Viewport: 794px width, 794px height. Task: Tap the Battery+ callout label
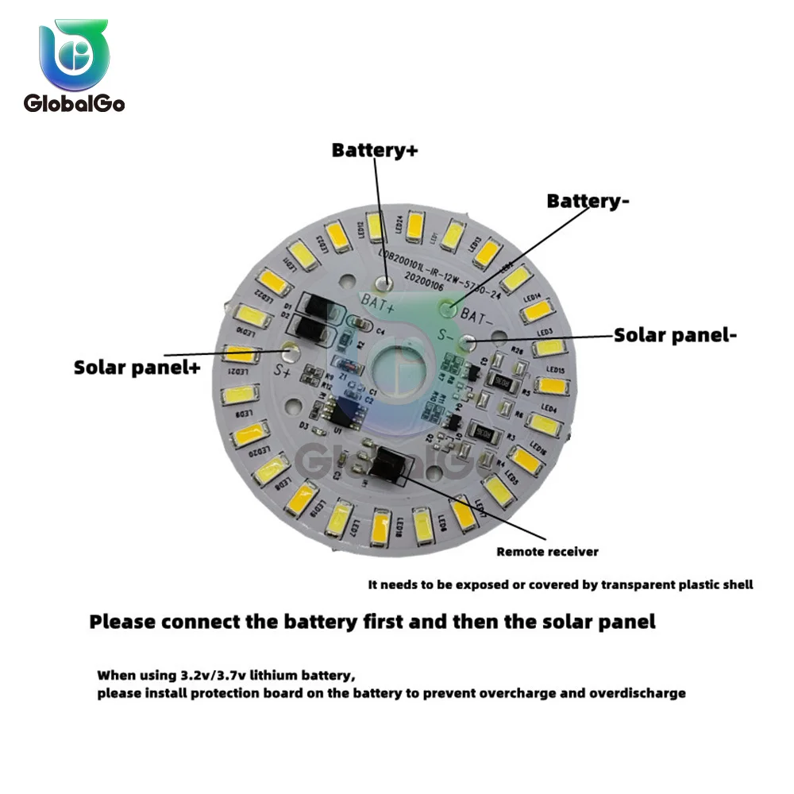tap(374, 150)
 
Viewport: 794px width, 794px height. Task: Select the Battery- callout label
tap(588, 202)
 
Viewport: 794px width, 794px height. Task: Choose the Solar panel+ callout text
tap(137, 368)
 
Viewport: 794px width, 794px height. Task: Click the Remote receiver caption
tap(548, 552)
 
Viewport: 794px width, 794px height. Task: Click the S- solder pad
tap(470, 342)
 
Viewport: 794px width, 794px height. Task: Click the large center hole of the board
tap(395, 370)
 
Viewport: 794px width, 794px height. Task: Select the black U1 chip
tap(342, 412)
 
